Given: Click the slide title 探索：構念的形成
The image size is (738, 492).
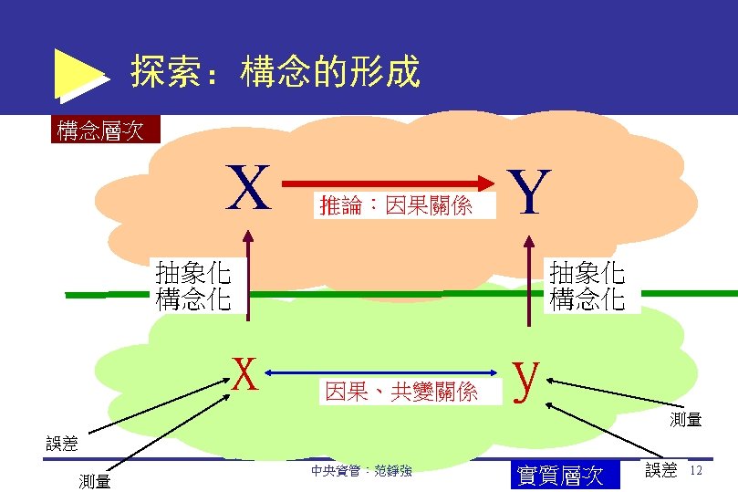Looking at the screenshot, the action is [x=275, y=71].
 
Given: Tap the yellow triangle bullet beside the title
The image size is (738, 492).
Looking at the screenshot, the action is [x=80, y=74].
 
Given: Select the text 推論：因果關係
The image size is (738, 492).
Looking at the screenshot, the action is [x=396, y=206].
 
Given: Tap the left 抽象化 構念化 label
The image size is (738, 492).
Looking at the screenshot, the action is [x=192, y=286].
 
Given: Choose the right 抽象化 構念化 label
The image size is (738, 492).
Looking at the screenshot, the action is [x=587, y=286].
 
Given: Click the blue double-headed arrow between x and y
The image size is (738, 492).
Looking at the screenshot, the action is [x=388, y=372].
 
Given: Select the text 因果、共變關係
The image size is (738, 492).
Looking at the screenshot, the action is [x=401, y=393].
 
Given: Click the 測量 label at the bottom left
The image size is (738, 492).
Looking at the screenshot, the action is [x=95, y=481].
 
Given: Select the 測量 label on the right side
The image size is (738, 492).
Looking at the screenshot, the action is [x=685, y=420].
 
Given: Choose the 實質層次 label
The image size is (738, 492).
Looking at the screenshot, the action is [x=560, y=475].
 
